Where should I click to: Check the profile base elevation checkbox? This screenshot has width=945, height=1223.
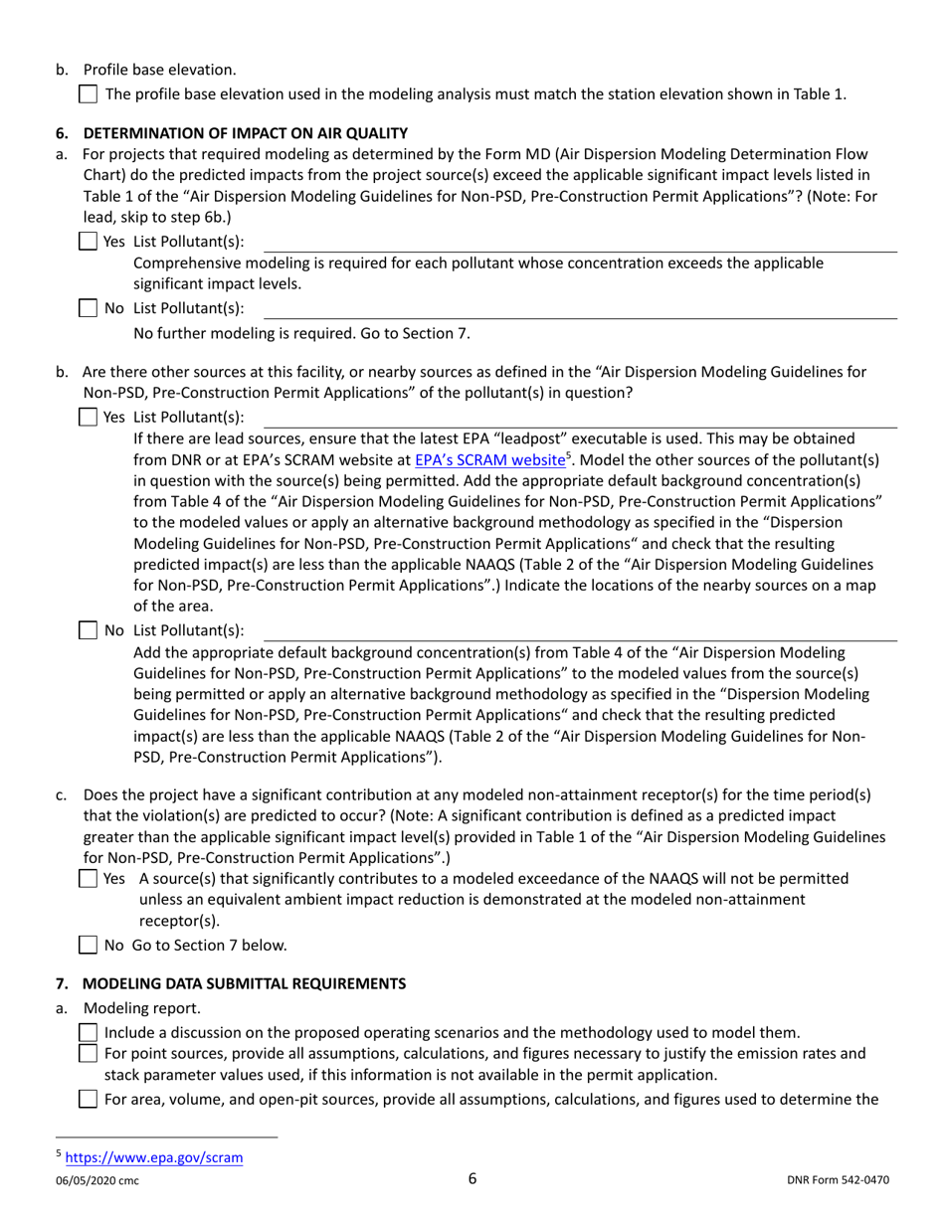tap(89, 95)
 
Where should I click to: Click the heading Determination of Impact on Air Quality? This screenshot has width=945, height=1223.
tap(245, 132)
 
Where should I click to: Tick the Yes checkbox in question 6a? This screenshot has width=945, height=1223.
tap(89, 242)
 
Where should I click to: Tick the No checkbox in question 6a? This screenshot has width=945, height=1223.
tap(89, 308)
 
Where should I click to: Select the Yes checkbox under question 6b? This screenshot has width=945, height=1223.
tap(89, 417)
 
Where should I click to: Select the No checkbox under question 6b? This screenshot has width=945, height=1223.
tap(89, 630)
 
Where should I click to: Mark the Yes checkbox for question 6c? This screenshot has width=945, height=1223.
tap(89, 879)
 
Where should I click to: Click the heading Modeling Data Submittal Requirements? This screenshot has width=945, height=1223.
tap(244, 984)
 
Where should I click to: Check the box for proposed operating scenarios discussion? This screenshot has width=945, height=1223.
tap(89, 1033)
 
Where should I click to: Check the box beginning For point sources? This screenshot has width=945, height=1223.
tap(89, 1054)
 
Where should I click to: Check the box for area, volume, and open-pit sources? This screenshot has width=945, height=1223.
tap(89, 1099)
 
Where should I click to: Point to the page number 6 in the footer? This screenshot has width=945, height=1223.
tap(472, 1180)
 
